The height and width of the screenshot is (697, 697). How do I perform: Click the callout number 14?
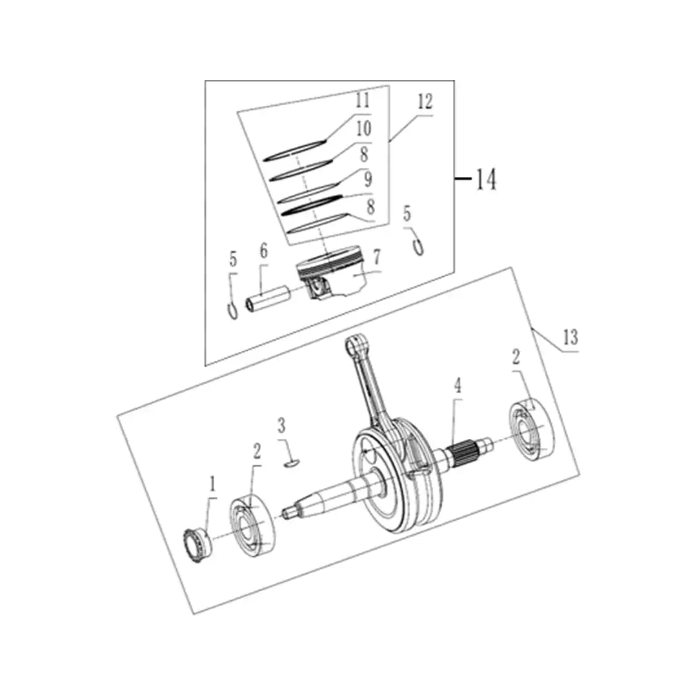[486, 179]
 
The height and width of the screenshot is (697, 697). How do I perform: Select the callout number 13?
[571, 338]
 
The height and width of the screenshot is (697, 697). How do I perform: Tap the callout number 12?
[425, 102]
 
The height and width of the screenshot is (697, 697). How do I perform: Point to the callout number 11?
[363, 100]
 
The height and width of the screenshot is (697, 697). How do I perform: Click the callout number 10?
[363, 128]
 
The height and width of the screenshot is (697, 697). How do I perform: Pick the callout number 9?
[368, 179]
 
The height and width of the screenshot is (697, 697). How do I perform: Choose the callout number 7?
[376, 257]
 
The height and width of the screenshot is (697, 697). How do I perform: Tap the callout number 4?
[458, 385]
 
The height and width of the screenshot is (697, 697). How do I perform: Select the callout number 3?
[281, 425]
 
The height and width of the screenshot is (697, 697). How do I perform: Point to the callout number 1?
[212, 483]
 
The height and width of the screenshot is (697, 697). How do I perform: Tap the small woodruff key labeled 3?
[292, 463]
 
